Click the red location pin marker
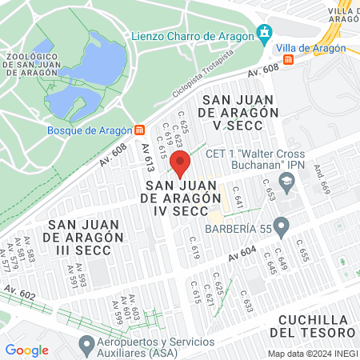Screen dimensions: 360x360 (x=181, y=166)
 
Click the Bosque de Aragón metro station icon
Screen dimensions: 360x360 (x=140, y=130)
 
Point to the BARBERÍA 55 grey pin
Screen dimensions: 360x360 (x=281, y=227)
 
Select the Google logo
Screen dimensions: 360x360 (x=26, y=350)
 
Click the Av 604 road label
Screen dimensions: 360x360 (x=242, y=254)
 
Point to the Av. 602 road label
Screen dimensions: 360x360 (x=19, y=292)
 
